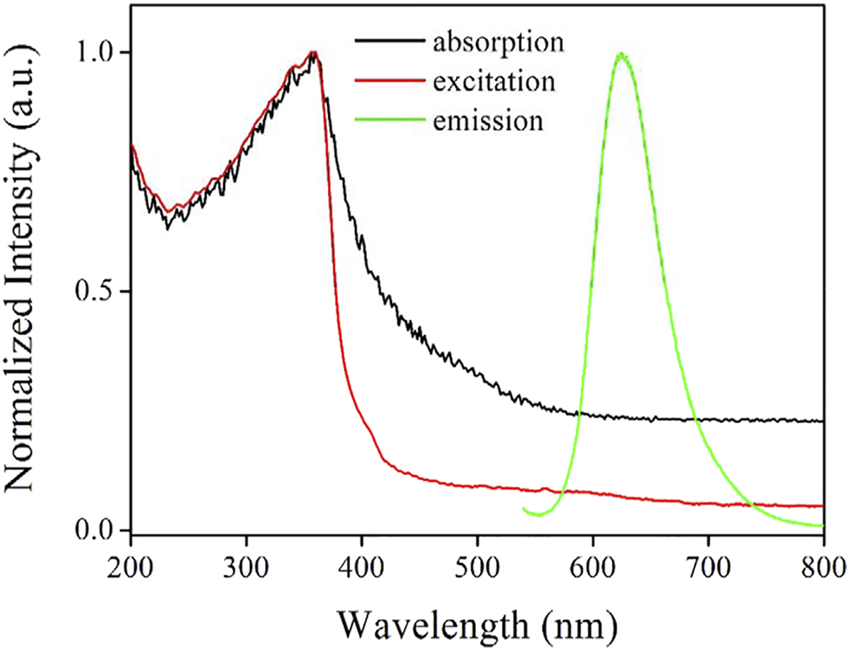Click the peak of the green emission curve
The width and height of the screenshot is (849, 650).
tap(621, 55)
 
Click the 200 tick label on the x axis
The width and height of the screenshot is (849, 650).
tap(131, 572)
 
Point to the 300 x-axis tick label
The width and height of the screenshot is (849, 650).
tap(247, 572)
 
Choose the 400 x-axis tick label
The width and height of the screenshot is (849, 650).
tap(362, 572)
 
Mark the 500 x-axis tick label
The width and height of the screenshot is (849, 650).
tap(478, 572)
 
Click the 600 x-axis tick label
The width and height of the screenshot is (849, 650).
tap(593, 572)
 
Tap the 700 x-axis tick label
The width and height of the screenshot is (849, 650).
tap(709, 572)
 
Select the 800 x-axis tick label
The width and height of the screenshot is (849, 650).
tap(823, 572)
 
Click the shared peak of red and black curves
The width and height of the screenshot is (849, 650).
tap(313, 54)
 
